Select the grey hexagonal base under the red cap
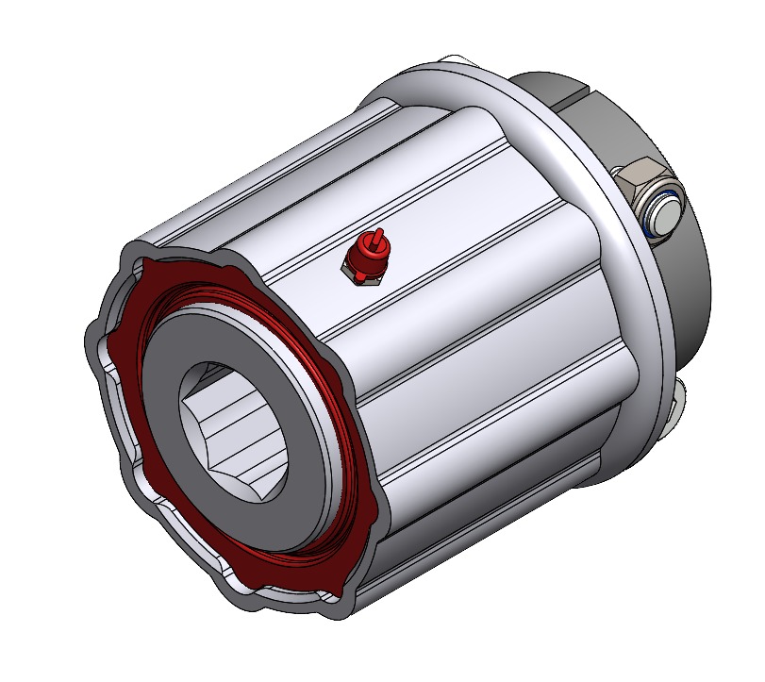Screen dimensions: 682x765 (x=365, y=274)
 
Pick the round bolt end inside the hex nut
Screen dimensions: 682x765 (x=661, y=212)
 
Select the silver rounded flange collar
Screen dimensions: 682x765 (x=604, y=283)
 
